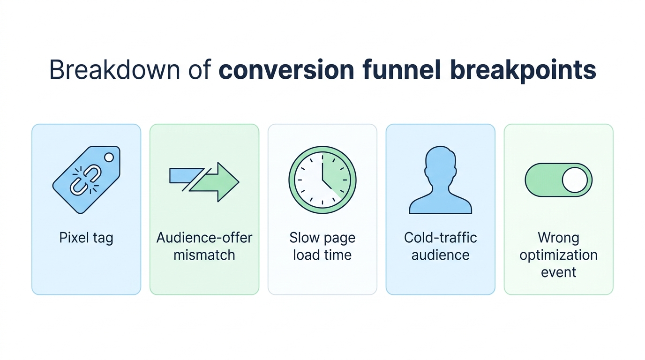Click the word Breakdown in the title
click(x=114, y=70)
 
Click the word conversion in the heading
click(x=286, y=70)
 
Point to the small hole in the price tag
click(x=109, y=157)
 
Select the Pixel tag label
click(x=86, y=238)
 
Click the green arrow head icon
click(x=220, y=182)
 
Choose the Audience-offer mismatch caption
click(x=204, y=247)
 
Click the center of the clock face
click(x=322, y=180)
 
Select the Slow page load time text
click(x=322, y=247)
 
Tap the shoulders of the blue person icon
click(x=440, y=204)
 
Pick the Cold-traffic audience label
click(x=440, y=247)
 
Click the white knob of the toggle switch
click(x=574, y=180)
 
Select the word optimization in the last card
click(x=558, y=255)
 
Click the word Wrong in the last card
click(x=558, y=238)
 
